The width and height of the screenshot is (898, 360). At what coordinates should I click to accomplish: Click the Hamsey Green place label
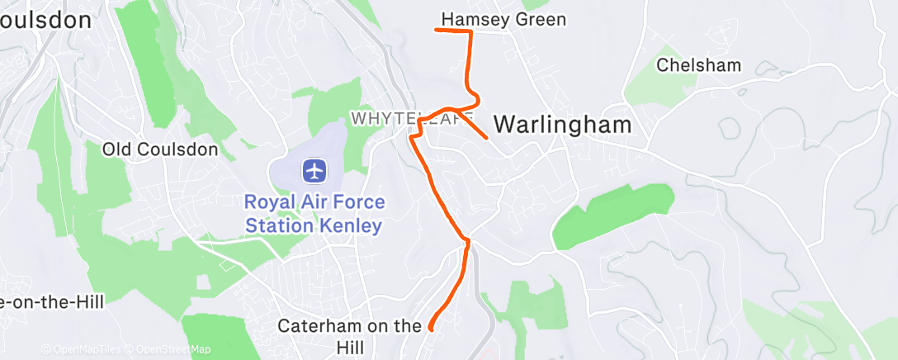[503, 19]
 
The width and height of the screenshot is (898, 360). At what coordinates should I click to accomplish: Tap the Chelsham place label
[698, 65]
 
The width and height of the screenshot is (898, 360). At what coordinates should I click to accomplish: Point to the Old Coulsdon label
[160, 149]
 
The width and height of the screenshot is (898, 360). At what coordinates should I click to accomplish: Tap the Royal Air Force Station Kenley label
[313, 213]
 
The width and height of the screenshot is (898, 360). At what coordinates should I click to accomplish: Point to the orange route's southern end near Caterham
[430, 329]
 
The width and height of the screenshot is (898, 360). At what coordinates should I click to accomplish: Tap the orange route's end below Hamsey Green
[437, 31]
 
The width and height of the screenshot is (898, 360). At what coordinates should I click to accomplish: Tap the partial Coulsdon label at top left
[45, 21]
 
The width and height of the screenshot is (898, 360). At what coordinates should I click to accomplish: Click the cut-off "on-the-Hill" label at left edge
[51, 302]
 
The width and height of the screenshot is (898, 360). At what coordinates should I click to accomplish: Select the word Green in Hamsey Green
[541, 19]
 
